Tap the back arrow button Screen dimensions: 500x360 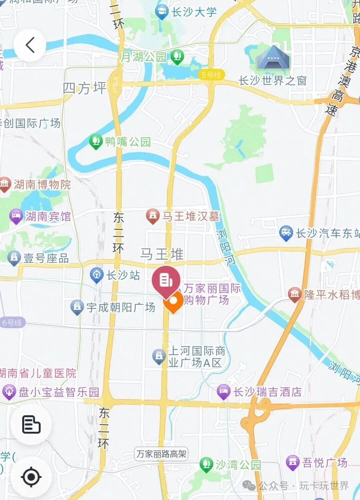[x=30, y=45]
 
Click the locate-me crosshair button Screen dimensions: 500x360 [x=31, y=477]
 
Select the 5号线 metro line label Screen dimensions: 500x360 [x=211, y=75]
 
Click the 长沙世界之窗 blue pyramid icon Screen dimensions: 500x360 [x=273, y=58]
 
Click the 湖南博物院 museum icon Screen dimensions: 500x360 [x=5, y=184]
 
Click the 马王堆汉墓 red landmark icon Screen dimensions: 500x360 [x=153, y=216]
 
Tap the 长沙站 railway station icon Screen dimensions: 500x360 [x=97, y=275]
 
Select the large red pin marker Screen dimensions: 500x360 [x=166, y=281]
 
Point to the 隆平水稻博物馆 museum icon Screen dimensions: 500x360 [x=295, y=294]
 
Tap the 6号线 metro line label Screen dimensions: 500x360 [x=12, y=322]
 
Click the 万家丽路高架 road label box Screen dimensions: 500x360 [x=161, y=454]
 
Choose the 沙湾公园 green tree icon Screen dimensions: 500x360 [x=206, y=464]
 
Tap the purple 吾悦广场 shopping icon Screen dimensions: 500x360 [x=293, y=462]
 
